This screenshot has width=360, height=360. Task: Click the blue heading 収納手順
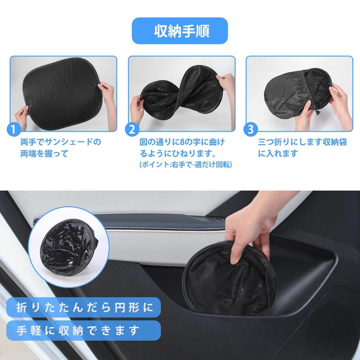point(180,31)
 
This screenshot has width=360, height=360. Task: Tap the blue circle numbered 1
point(13,129)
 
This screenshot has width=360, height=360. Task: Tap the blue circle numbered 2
point(132,129)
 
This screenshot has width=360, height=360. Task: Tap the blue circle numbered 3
point(250,129)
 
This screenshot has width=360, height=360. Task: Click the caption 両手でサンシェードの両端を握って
point(60,148)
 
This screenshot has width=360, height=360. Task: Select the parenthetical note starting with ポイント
point(186,165)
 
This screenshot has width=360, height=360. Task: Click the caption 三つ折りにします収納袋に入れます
point(302,148)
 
